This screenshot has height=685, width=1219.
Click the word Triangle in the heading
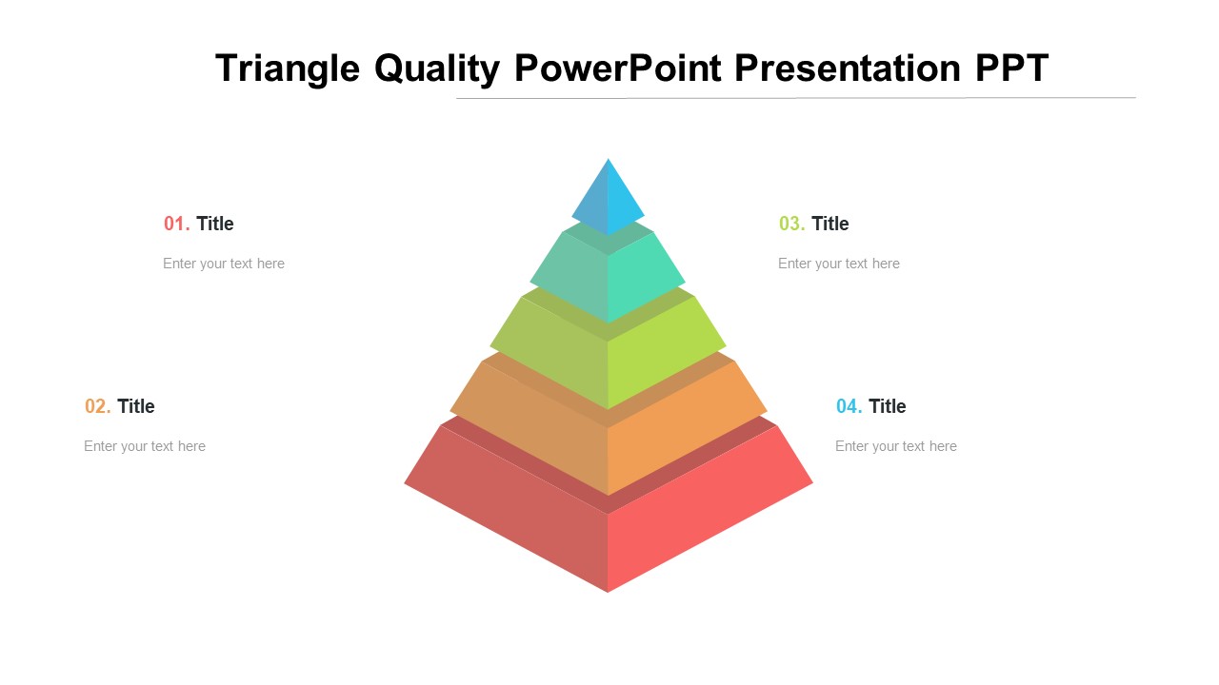(x=288, y=69)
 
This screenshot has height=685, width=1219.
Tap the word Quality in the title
(x=437, y=69)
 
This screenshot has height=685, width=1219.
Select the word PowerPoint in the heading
(x=618, y=68)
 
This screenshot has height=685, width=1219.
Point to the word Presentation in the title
(x=848, y=68)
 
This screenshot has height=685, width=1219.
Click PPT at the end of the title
(x=1011, y=68)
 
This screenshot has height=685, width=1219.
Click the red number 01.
(x=176, y=224)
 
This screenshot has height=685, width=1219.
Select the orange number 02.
(x=97, y=406)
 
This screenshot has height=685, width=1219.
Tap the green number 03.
(x=791, y=224)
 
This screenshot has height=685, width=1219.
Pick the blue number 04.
(x=849, y=406)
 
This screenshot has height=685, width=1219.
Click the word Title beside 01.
(x=215, y=224)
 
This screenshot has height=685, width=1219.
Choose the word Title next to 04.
(x=888, y=406)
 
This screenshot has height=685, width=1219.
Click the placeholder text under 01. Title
(x=224, y=264)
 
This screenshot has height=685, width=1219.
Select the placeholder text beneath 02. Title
(x=145, y=446)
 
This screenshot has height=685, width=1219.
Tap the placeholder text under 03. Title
(x=839, y=264)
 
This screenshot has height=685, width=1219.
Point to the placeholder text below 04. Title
(x=896, y=446)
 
